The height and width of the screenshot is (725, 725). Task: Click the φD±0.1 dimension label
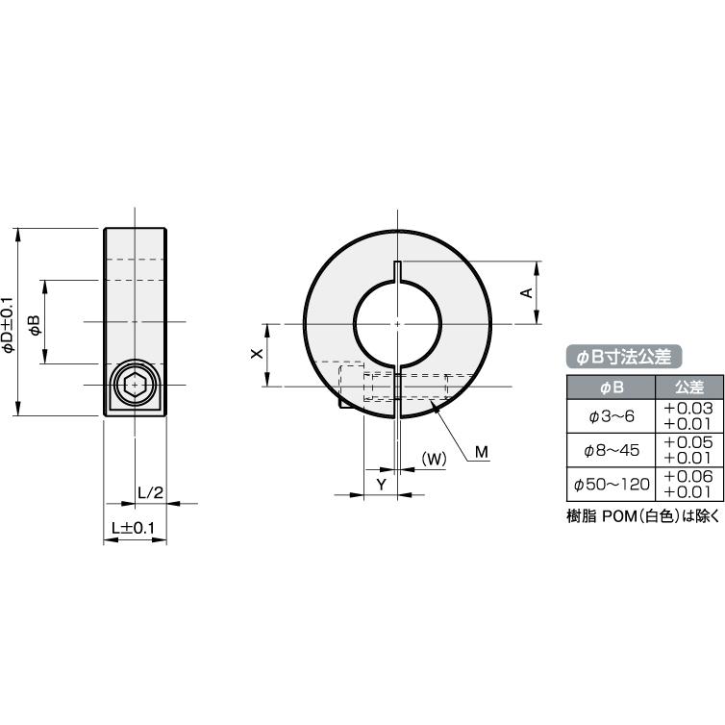point(9,325)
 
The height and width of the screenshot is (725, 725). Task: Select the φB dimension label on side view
point(36,325)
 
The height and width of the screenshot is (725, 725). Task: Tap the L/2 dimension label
point(151,493)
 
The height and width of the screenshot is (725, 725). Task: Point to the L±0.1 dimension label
point(134,528)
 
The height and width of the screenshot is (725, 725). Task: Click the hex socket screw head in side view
point(135,385)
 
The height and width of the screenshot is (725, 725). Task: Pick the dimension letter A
point(527,292)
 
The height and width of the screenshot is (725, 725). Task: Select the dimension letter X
point(257,354)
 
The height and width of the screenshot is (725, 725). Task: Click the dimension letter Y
point(381,485)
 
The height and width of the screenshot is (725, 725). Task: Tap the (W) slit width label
point(434,460)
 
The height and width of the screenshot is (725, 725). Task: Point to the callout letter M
point(482,452)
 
